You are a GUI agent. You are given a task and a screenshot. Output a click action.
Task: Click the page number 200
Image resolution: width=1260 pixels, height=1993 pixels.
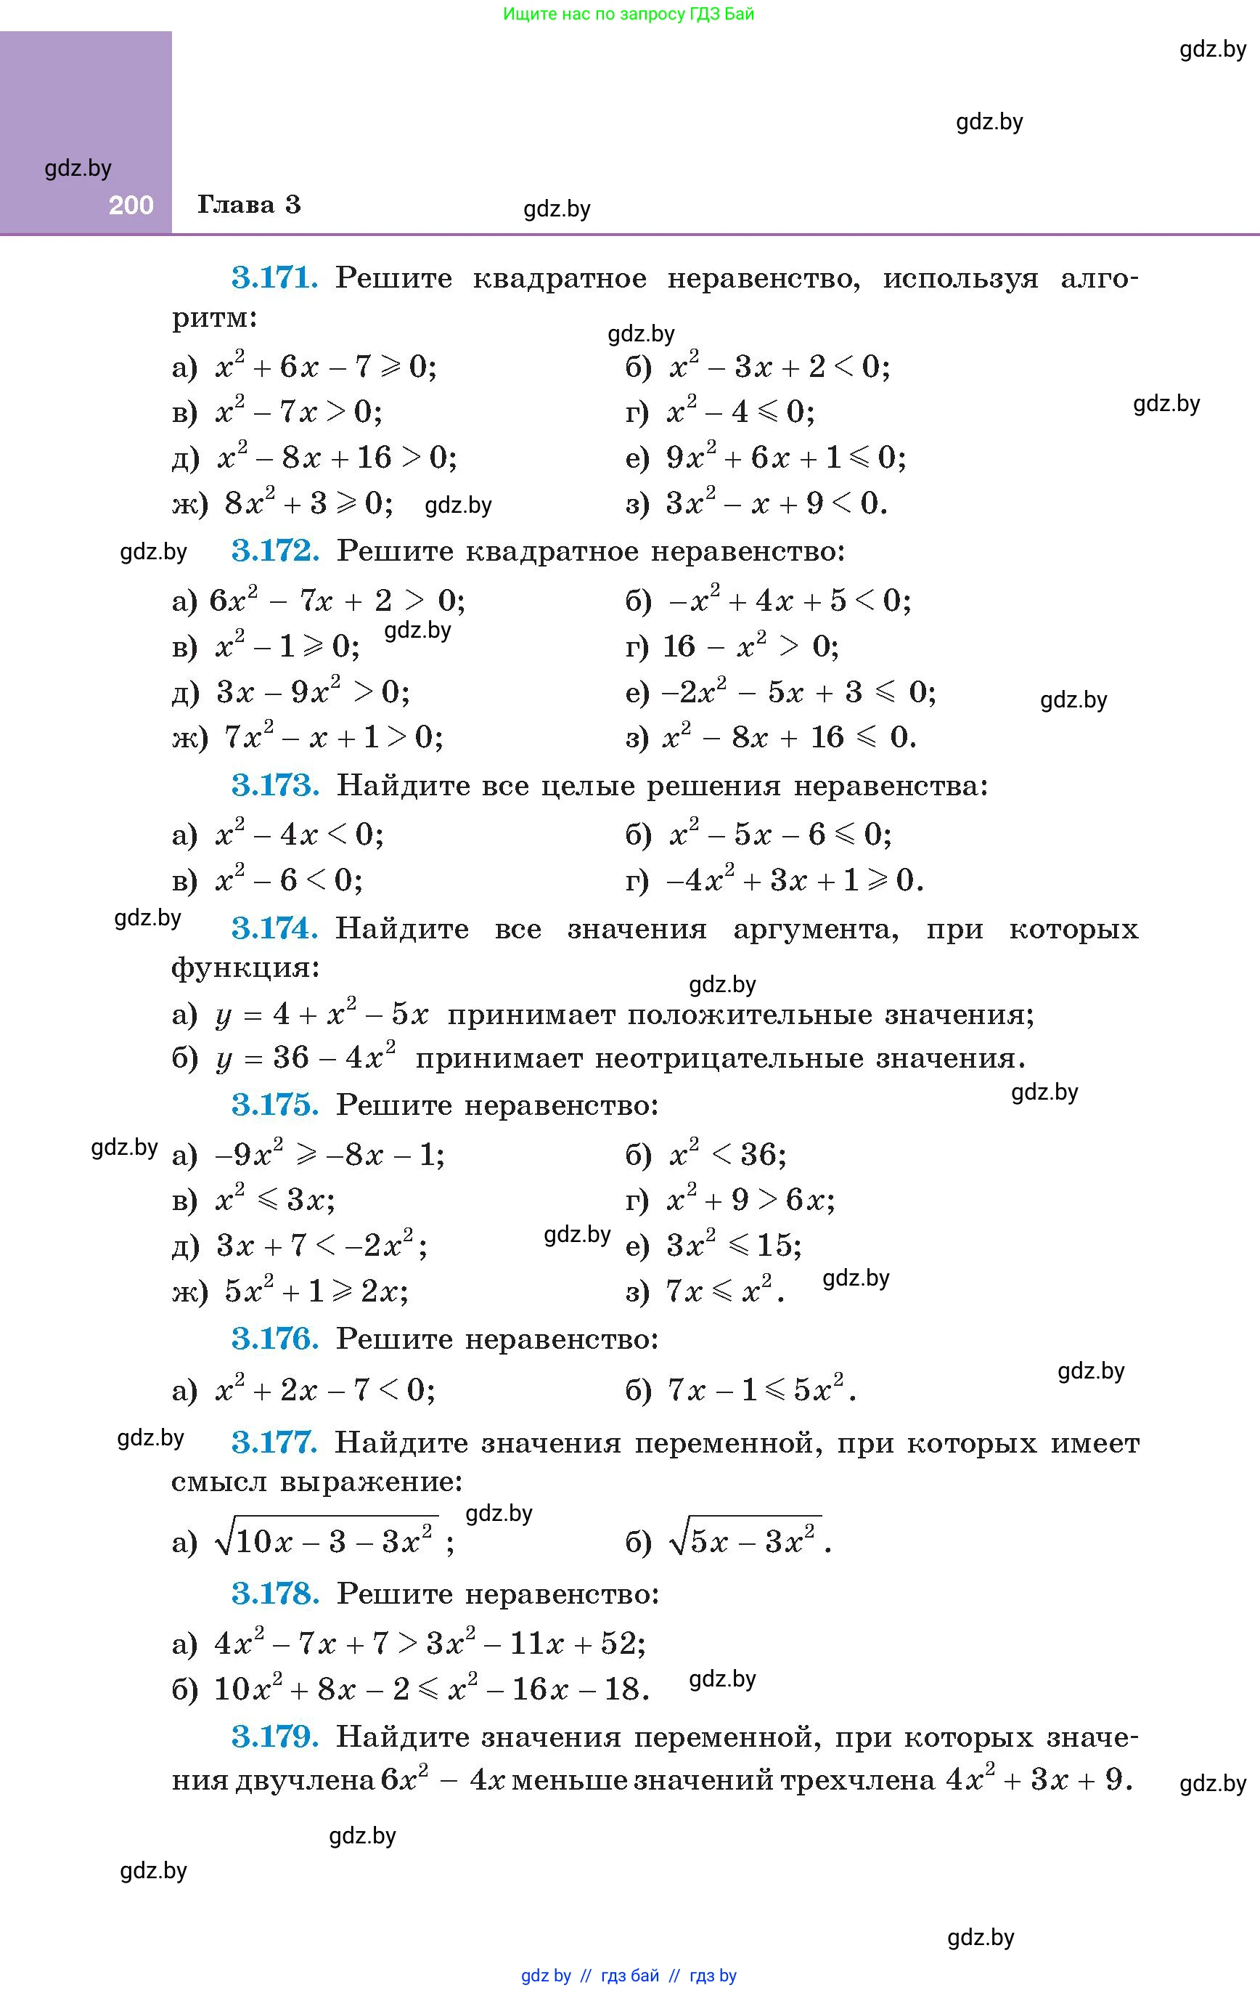click(x=131, y=206)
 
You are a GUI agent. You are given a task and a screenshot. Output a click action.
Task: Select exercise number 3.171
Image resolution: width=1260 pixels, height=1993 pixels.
click(x=274, y=277)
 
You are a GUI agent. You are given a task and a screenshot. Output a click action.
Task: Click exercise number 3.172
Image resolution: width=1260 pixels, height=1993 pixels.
click(x=274, y=551)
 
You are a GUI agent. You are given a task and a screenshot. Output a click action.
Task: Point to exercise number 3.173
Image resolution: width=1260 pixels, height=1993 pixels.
click(x=274, y=784)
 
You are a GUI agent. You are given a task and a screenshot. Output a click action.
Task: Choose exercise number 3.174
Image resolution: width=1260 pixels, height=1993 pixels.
click(x=274, y=929)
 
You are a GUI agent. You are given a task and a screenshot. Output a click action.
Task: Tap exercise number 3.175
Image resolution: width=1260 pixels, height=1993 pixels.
click(x=274, y=1105)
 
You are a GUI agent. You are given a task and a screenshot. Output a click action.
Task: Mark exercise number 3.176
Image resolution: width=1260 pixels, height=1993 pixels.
click(x=274, y=1339)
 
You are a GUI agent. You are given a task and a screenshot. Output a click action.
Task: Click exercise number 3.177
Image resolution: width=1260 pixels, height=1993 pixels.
click(x=274, y=1442)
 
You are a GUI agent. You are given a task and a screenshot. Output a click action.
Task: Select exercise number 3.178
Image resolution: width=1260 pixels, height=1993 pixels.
click(x=274, y=1594)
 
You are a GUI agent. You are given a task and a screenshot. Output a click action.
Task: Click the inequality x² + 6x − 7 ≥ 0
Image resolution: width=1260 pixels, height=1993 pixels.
click(x=325, y=366)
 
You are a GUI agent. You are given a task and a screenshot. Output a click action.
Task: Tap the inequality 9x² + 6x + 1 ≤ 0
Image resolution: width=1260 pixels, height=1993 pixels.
click(x=786, y=457)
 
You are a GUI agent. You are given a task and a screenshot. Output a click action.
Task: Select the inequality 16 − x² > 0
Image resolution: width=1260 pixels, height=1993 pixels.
click(x=751, y=646)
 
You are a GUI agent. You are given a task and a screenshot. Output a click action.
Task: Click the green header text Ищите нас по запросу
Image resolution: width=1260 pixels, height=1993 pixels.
click(x=596, y=14)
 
